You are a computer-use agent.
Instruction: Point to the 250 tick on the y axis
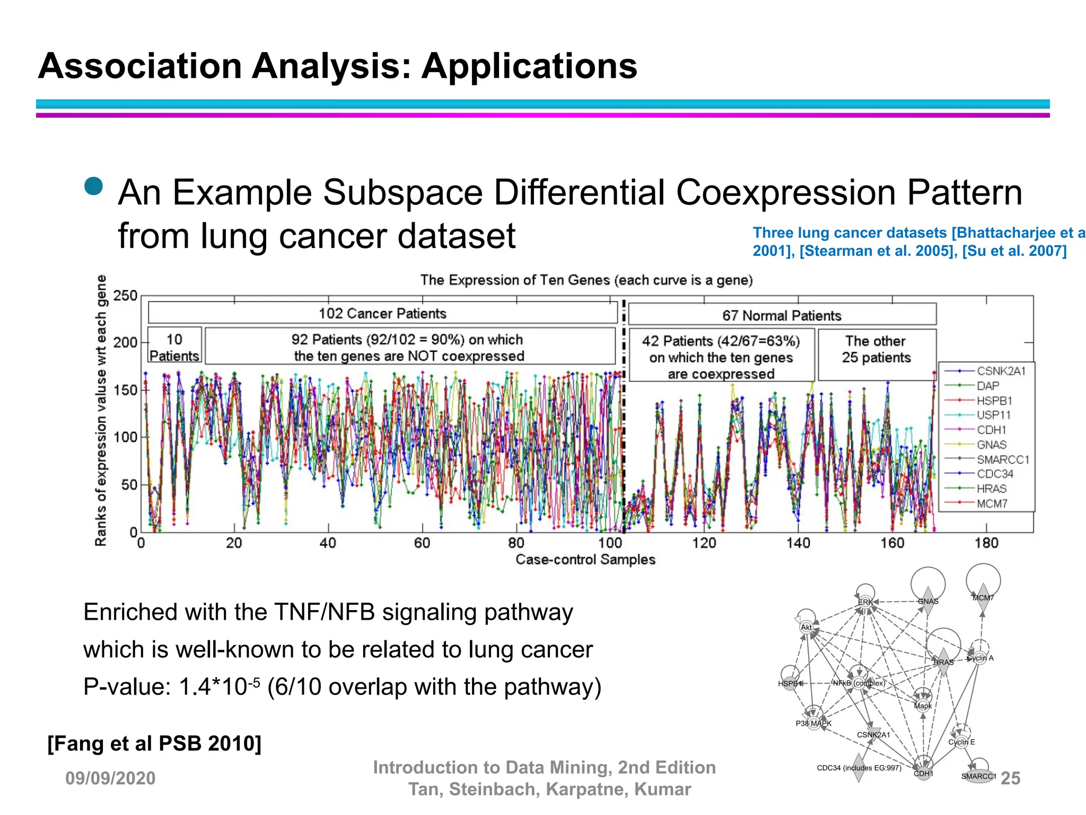click(x=125, y=296)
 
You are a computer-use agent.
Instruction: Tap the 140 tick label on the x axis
click(x=798, y=543)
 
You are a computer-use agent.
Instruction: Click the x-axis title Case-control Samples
click(x=585, y=559)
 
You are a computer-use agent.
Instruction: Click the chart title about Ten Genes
click(x=586, y=280)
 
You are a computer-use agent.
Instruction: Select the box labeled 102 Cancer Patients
click(x=382, y=313)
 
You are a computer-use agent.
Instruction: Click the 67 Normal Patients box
click(x=782, y=315)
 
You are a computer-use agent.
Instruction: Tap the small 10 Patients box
click(x=174, y=346)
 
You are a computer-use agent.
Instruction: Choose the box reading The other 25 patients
click(x=877, y=349)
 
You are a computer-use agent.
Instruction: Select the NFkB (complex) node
click(x=859, y=682)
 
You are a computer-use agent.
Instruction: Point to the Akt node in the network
click(x=807, y=627)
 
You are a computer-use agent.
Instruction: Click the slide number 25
click(x=1010, y=778)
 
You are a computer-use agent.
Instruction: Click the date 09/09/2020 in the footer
click(x=110, y=778)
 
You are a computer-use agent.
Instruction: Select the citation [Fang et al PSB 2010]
click(x=154, y=743)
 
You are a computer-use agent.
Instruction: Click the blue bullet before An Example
click(x=94, y=186)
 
